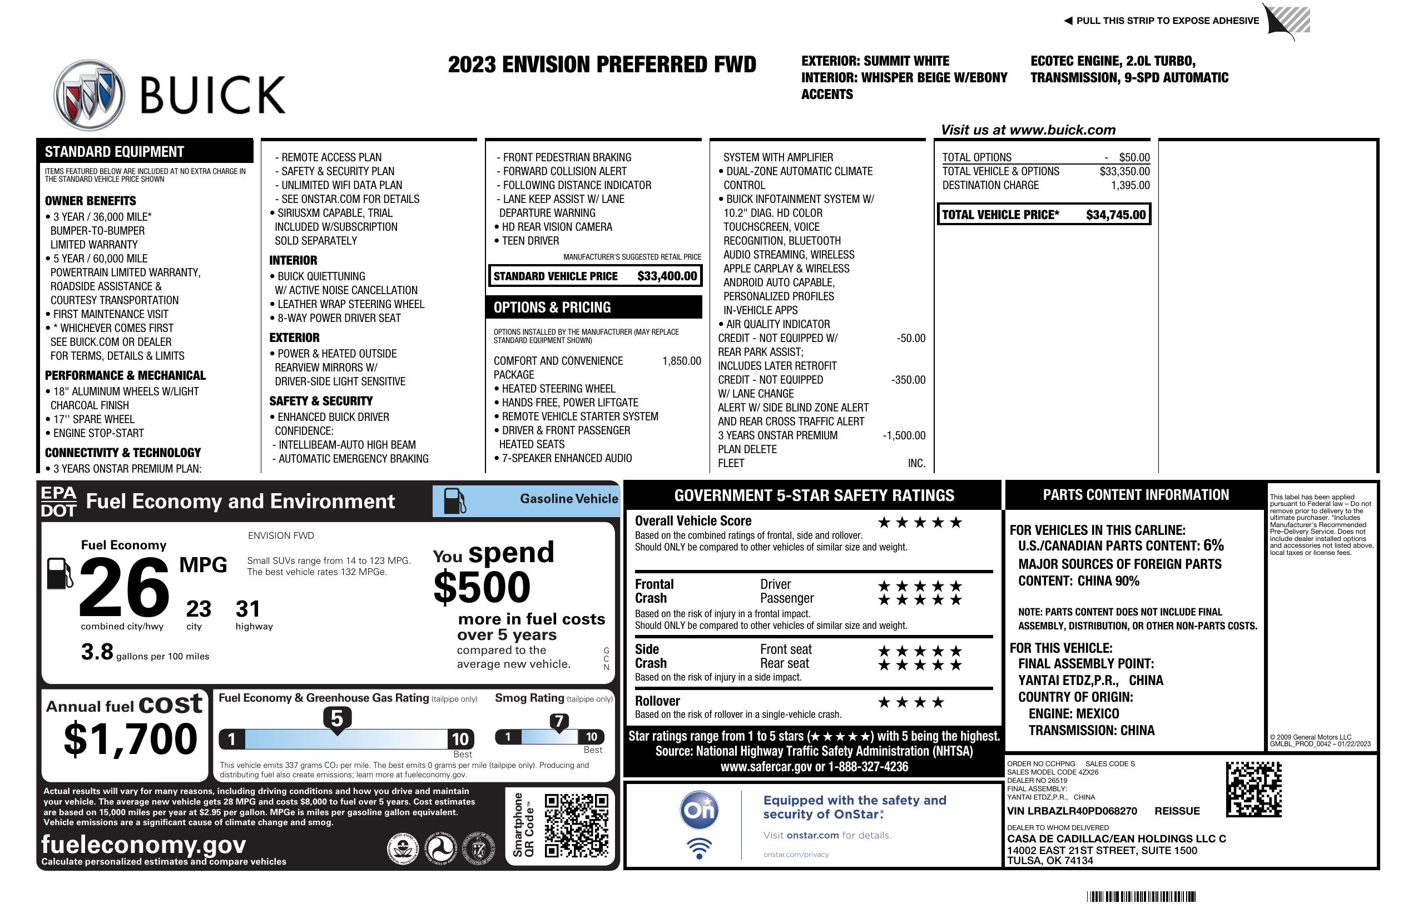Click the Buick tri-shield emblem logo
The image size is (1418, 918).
click(x=90, y=95)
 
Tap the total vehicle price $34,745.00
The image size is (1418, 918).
click(x=1115, y=215)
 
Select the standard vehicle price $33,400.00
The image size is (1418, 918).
click(x=667, y=276)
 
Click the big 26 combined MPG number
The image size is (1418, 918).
click(x=124, y=587)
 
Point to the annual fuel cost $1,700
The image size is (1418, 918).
click(x=131, y=740)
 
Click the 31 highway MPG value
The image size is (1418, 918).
click(x=248, y=609)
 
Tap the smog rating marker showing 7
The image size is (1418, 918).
click(x=559, y=721)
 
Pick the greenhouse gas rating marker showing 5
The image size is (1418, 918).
click(x=336, y=719)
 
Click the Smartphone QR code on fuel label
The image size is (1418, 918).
click(x=576, y=825)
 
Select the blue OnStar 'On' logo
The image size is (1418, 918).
click(x=700, y=811)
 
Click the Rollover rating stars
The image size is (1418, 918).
click(x=911, y=702)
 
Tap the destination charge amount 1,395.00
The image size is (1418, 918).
click(x=1130, y=185)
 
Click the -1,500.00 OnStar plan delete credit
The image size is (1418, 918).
click(x=904, y=435)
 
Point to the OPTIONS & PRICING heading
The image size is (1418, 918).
click(x=552, y=307)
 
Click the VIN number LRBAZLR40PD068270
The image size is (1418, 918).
click(x=1072, y=811)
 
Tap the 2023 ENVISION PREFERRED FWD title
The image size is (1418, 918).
click(x=602, y=64)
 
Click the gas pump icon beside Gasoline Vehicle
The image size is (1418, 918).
click(x=455, y=501)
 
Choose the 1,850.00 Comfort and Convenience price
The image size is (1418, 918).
click(x=682, y=361)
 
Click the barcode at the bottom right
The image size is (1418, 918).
click(x=1141, y=896)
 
